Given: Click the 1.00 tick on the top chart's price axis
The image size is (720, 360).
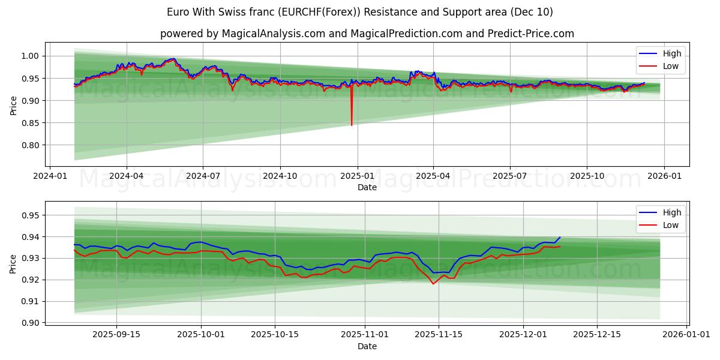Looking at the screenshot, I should pyautogui.click(x=30, y=56).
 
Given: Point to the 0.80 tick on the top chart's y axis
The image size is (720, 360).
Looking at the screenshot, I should pyautogui.click(x=30, y=145).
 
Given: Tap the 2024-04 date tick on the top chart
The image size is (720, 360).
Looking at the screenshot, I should pyautogui.click(x=126, y=176).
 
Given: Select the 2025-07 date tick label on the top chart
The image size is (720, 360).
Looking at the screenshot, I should pyautogui.click(x=509, y=176).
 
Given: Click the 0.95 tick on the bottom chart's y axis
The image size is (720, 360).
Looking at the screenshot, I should pyautogui.click(x=30, y=215).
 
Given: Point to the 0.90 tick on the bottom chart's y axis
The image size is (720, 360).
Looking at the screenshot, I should pyautogui.click(x=30, y=323).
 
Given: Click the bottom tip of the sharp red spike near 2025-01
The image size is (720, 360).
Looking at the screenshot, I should pyautogui.click(x=352, y=125).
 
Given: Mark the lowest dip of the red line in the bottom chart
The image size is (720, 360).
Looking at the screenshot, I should pyautogui.click(x=433, y=284).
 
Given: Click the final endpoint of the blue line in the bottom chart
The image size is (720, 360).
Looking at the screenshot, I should pyautogui.click(x=560, y=237).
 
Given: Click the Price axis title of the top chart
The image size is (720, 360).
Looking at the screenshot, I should pyautogui.click(x=13, y=104).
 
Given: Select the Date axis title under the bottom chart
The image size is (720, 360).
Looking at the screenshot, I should pyautogui.click(x=367, y=346).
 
